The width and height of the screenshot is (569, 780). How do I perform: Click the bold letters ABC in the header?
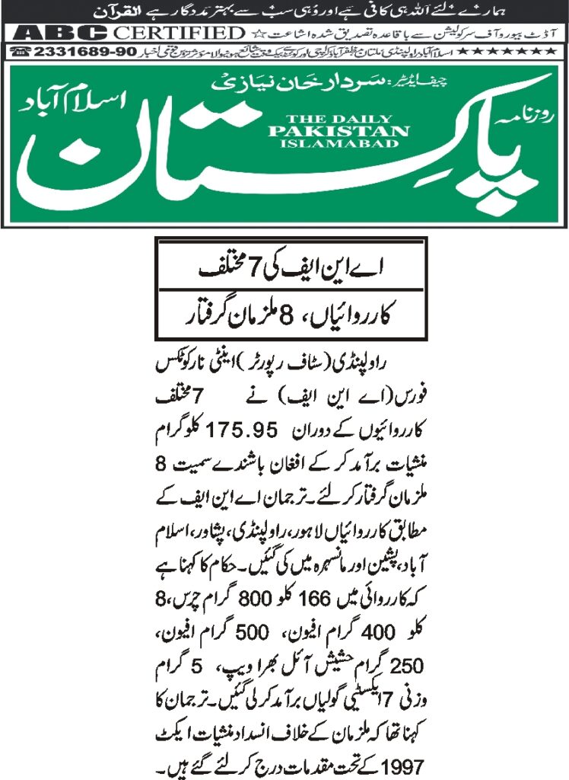61,34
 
